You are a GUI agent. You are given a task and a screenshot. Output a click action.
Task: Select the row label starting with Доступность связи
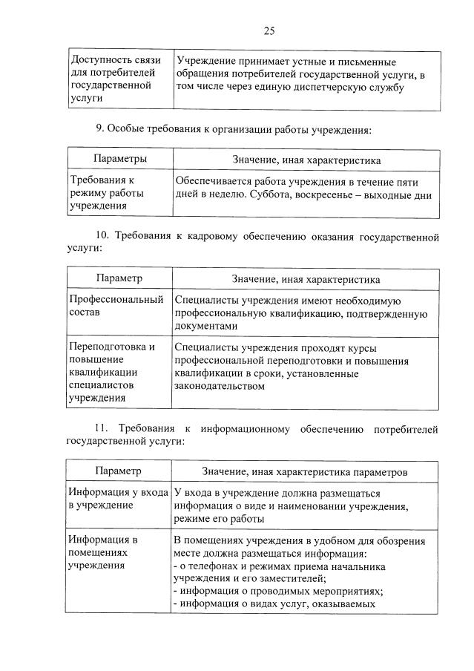pos(112,79)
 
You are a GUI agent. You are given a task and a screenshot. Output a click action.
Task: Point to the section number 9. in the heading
pos(101,129)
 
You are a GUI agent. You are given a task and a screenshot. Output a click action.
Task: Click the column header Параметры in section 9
pos(119,160)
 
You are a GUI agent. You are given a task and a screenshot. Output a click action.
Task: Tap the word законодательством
pos(220,386)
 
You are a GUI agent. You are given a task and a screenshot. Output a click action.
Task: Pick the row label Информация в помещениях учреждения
pos(103,552)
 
